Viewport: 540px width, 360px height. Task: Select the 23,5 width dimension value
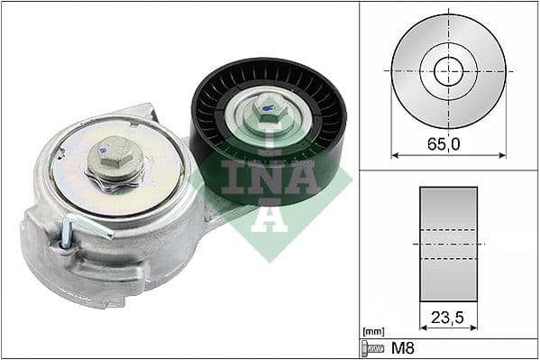coord(448,318)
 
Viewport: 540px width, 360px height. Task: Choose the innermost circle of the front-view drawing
coord(448,70)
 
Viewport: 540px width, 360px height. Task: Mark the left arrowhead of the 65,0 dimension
coord(395,154)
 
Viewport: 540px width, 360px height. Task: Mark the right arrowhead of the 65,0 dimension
coord(502,154)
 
